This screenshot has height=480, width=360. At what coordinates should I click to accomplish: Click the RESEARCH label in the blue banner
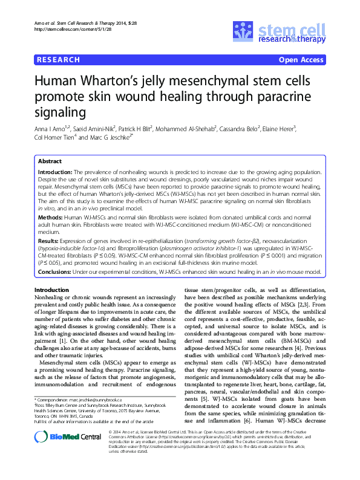click(x=58, y=60)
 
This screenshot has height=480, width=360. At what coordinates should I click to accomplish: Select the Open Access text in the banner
click(x=301, y=60)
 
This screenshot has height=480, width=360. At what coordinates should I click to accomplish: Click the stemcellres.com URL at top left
click(x=65, y=29)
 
